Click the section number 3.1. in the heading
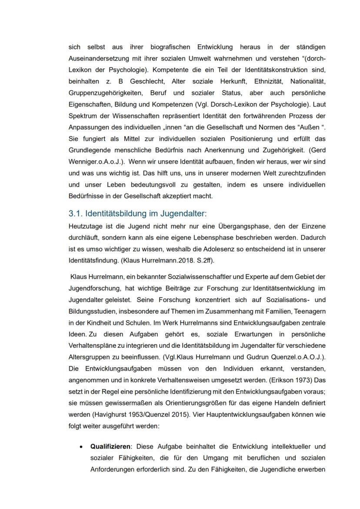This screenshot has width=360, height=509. (x=76, y=213)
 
